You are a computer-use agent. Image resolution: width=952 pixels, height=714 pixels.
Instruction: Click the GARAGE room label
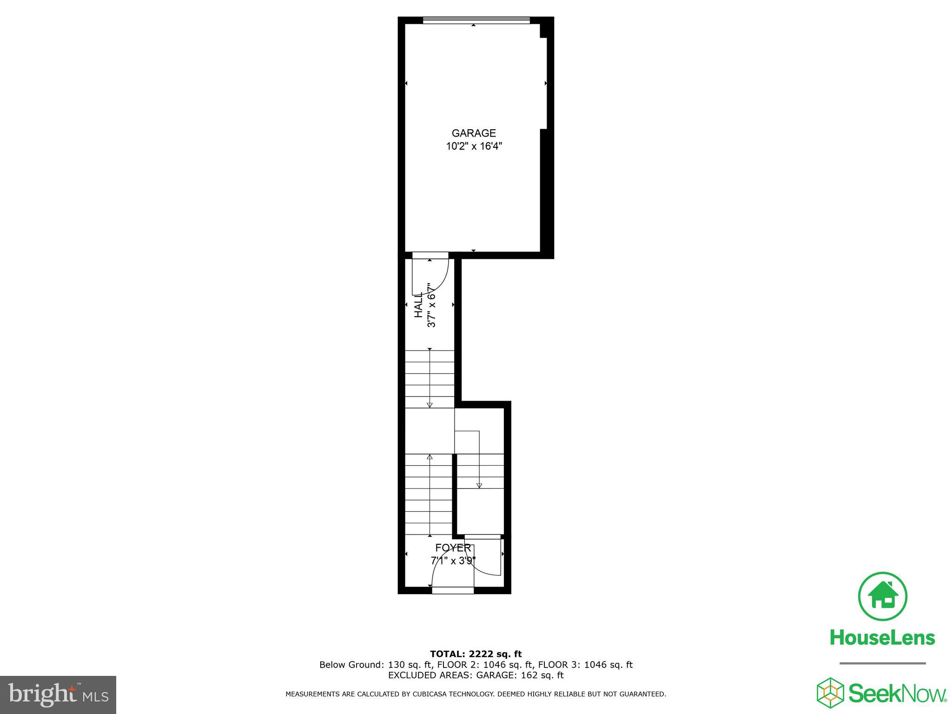(x=474, y=133)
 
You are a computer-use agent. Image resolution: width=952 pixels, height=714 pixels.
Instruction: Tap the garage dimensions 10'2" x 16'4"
(x=474, y=146)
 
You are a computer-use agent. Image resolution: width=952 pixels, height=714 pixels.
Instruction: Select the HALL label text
(x=418, y=305)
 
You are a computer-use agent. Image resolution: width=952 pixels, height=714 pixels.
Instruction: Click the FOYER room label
(x=453, y=548)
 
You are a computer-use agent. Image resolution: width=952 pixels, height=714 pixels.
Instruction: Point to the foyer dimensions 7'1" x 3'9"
(x=453, y=561)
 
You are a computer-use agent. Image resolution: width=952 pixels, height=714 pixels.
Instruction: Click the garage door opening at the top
(x=476, y=20)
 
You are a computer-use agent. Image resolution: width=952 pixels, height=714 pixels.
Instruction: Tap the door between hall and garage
(x=430, y=256)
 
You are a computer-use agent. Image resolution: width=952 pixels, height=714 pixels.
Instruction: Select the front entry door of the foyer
(x=453, y=590)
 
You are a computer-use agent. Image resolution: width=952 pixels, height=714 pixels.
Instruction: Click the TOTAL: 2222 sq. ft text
(x=476, y=654)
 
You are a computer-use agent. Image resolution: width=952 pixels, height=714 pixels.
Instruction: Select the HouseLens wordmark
(x=882, y=637)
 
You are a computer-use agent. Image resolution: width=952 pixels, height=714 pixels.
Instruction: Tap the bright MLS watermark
(x=58, y=694)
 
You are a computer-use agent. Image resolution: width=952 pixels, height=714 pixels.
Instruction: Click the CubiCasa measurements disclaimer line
(x=476, y=694)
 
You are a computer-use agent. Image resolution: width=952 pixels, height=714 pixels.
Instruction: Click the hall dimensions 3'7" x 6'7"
(x=431, y=305)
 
